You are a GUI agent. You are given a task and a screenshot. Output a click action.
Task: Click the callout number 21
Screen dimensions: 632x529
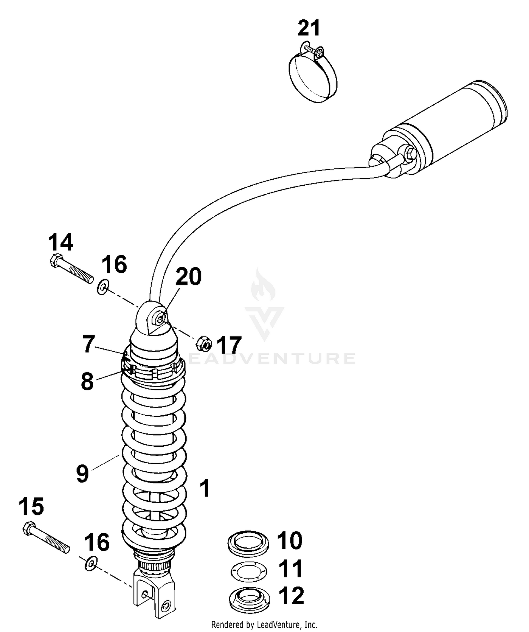309,28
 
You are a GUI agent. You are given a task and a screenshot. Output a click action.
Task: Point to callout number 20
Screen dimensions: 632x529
188,276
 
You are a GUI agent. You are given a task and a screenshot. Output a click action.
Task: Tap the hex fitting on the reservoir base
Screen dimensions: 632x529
411,154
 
